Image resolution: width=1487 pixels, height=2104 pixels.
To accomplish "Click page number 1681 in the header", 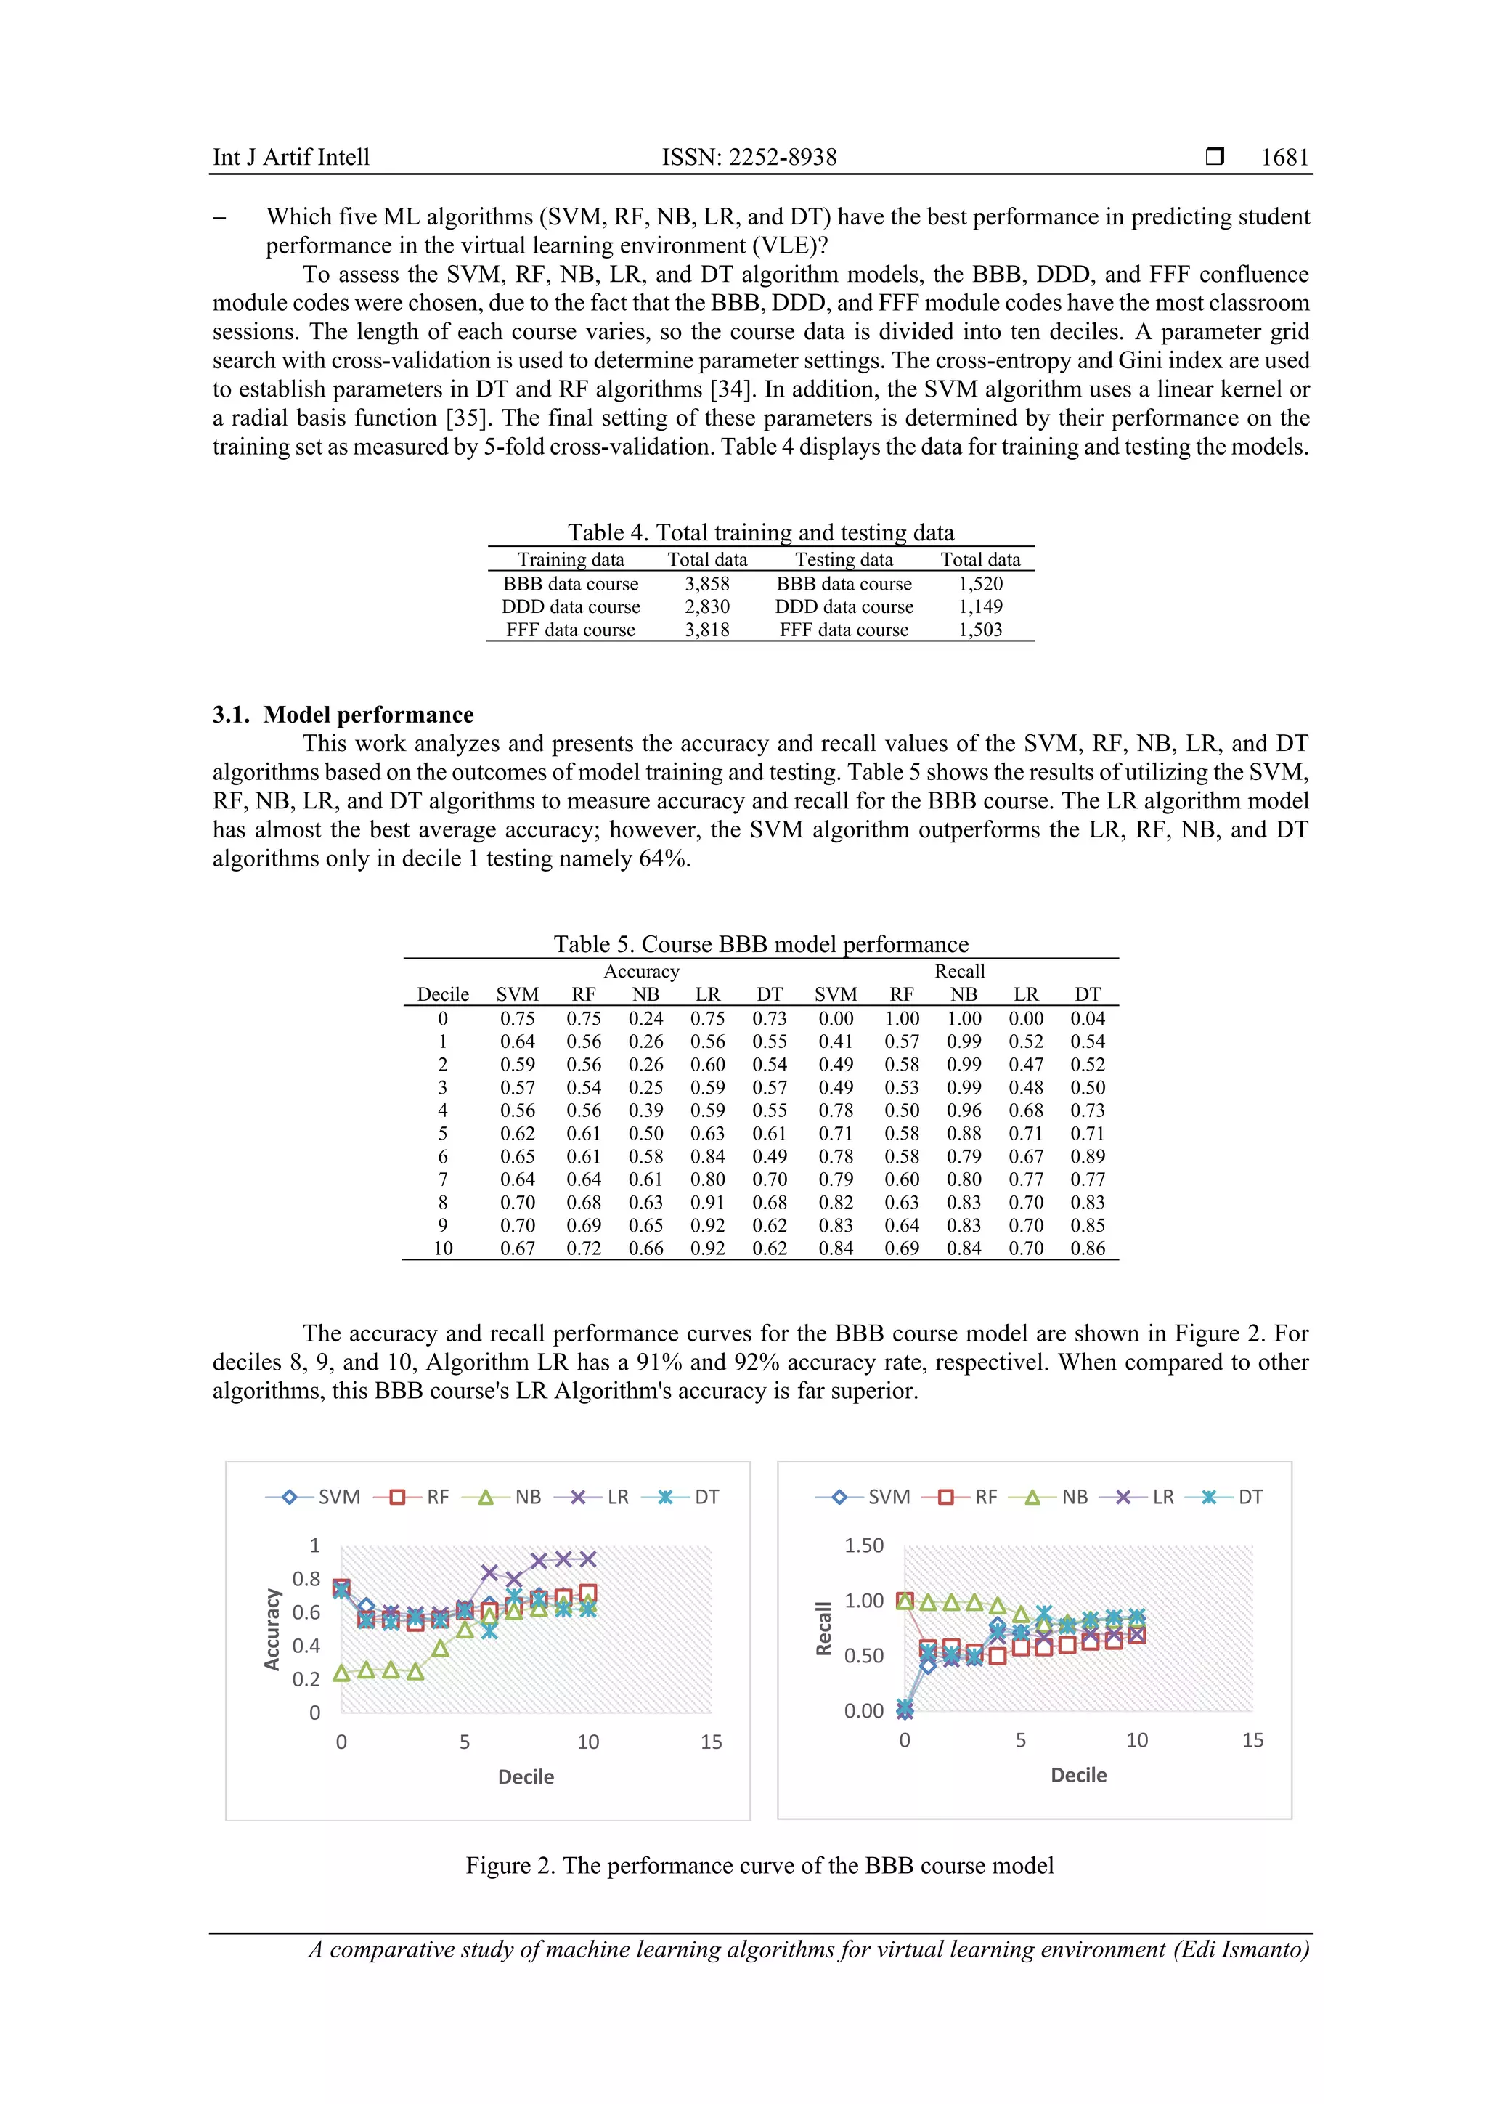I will point(1284,158).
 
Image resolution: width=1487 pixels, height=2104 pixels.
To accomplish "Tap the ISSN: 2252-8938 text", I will point(749,158).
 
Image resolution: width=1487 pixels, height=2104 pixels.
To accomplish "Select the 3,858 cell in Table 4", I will point(706,584).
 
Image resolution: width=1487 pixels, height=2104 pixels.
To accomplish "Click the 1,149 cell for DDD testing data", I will point(979,606).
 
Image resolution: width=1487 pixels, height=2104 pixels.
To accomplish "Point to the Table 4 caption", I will point(759,532).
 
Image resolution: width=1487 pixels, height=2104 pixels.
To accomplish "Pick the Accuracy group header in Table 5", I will point(641,971).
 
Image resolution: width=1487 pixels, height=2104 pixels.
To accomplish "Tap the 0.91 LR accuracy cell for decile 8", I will point(707,1202).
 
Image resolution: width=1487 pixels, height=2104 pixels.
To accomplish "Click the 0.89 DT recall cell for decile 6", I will point(1088,1156).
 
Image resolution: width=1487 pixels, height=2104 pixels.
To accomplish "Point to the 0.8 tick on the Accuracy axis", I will point(306,1579).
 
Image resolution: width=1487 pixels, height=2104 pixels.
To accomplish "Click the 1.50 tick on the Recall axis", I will point(863,1546).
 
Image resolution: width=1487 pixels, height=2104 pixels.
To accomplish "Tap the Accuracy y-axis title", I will point(272,1628).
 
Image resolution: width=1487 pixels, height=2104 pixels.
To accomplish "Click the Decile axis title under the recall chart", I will point(1078,1775).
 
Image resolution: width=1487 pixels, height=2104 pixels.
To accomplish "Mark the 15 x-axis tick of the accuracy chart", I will point(711,1742).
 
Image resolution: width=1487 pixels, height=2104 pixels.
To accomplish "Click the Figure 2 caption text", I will point(759,1866).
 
